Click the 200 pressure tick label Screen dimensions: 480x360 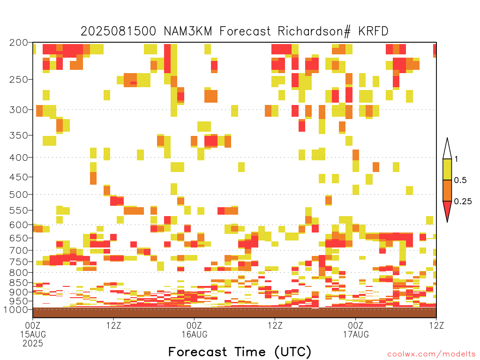tap(19, 43)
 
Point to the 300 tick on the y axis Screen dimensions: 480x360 tap(19, 110)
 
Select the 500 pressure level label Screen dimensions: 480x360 tap(19, 195)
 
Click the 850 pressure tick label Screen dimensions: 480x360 tap(19, 283)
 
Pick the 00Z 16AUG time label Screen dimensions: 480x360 tap(195, 330)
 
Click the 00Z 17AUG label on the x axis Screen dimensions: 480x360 tap(356, 330)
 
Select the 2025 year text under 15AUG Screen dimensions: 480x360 tap(33, 343)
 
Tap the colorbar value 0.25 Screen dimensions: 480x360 tap(463, 202)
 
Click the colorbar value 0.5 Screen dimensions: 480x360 tap(460, 180)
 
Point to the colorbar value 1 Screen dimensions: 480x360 tap(456, 159)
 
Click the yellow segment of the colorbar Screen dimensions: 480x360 tap(447, 169)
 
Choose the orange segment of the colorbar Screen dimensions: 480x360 tap(447, 190)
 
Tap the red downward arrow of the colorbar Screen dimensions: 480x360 tap(447, 210)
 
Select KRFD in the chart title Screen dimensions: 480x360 tap(373, 31)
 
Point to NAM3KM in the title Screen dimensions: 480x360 tap(188, 31)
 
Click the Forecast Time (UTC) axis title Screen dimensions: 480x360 tap(240, 352)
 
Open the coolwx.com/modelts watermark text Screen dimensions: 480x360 tap(432, 354)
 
